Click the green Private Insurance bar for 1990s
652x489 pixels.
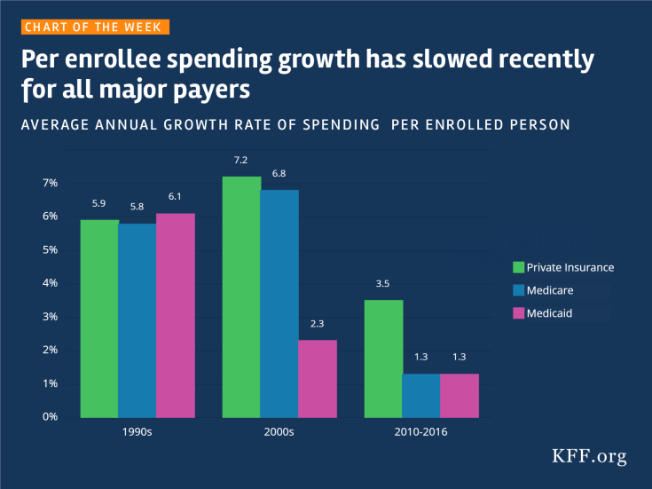[98, 319]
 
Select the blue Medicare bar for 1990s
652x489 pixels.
[137, 320]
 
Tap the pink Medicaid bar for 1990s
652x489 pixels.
[175, 315]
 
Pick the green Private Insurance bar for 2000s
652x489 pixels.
[241, 297]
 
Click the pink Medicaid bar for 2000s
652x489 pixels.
[318, 379]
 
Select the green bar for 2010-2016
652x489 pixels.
[383, 359]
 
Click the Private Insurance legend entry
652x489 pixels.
[563, 267]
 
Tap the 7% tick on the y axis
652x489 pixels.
[49, 183]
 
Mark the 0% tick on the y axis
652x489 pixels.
[49, 417]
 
